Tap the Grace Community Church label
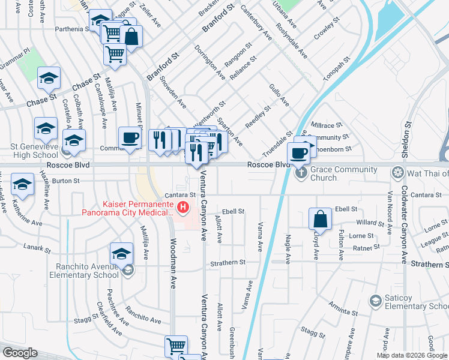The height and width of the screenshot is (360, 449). (343, 173)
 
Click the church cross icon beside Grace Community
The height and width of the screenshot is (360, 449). (301, 174)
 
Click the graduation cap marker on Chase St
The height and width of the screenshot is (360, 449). (49, 78)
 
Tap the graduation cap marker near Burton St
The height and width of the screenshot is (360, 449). (22, 185)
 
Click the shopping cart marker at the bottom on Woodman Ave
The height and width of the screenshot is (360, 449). (176, 346)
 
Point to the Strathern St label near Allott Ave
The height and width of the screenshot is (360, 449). (228, 262)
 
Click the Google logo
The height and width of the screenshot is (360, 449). (19, 353)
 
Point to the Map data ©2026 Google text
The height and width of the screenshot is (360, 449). (412, 355)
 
